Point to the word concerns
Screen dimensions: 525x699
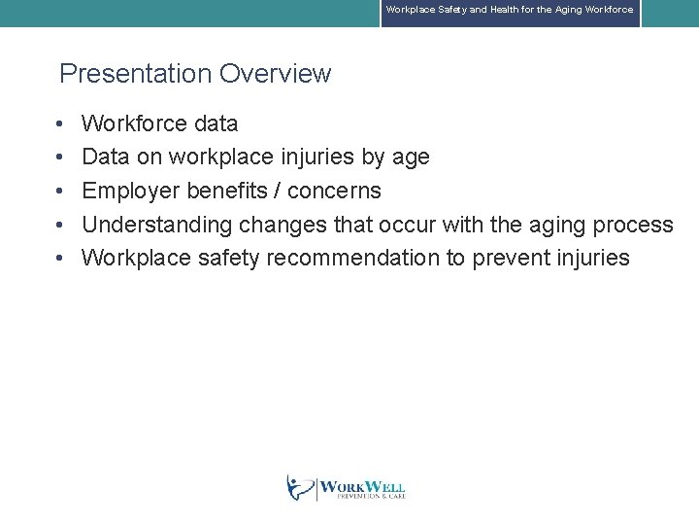pos(334,191)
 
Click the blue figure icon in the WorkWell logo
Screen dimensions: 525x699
pos(300,487)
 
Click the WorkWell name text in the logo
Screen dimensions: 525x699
pos(361,487)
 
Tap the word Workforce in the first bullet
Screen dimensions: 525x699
pos(134,123)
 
